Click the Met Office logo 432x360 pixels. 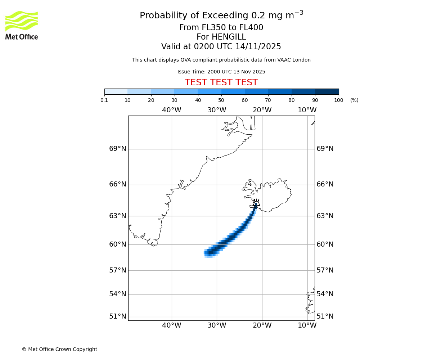click(x=22, y=25)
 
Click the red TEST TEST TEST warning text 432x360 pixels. click(x=221, y=82)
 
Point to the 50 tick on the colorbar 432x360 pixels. click(x=221, y=100)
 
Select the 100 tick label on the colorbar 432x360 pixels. click(x=338, y=100)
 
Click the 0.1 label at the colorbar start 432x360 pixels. click(x=104, y=100)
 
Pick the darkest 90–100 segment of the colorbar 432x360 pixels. click(x=327, y=91)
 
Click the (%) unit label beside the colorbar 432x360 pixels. click(x=354, y=100)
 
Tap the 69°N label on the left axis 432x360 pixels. click(x=118, y=149)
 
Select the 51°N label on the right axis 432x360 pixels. click(x=325, y=316)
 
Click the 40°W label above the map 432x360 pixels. click(x=171, y=110)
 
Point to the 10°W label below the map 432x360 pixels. click(x=307, y=325)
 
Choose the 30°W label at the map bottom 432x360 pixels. click(x=216, y=325)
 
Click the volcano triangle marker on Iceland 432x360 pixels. click(x=256, y=203)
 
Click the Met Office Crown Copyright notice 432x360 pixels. click(x=59, y=349)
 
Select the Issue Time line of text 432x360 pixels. click(x=221, y=72)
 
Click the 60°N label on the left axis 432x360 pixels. click(x=118, y=244)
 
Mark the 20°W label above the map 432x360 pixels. click(x=262, y=110)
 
